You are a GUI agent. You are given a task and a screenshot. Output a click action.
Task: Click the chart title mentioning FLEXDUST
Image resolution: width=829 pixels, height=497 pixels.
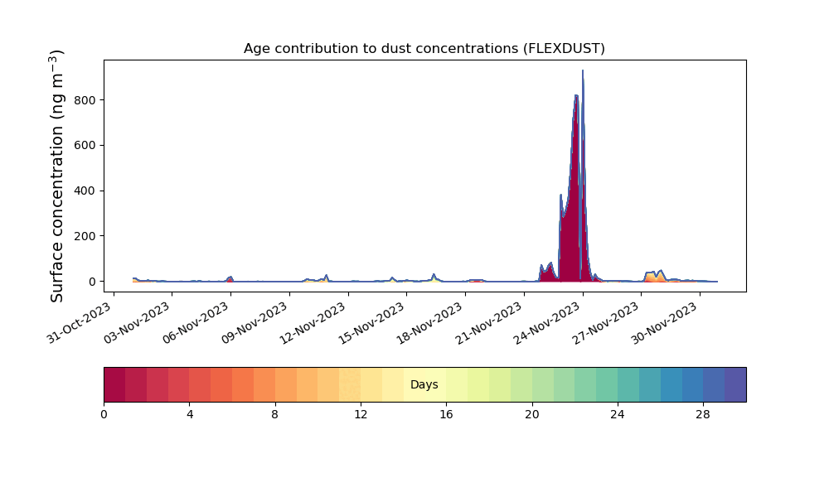click(424, 49)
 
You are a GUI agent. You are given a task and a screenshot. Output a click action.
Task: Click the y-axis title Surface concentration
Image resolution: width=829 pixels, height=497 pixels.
click(57, 176)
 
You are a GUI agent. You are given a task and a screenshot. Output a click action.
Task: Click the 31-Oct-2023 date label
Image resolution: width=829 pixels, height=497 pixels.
click(80, 322)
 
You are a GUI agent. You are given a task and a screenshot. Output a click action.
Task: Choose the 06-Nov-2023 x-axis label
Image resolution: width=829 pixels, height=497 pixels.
click(196, 322)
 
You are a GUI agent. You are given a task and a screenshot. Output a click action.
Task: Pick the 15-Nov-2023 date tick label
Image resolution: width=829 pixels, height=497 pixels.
click(373, 322)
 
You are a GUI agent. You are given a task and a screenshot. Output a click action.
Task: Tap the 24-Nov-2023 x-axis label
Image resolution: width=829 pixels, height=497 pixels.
click(549, 322)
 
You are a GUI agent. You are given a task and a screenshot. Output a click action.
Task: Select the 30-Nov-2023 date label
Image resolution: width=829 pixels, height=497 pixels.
click(666, 322)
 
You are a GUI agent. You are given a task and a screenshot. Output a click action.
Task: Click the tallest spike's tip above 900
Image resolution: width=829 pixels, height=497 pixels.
click(583, 70)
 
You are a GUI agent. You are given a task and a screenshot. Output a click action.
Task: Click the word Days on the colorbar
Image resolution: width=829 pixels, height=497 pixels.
click(424, 384)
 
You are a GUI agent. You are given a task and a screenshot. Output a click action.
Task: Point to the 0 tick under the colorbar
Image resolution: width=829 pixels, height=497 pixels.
click(104, 415)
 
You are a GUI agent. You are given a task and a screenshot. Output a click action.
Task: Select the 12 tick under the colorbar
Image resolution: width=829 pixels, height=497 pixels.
click(361, 415)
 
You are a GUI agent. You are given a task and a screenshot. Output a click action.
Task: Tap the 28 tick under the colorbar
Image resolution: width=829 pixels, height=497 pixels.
click(703, 415)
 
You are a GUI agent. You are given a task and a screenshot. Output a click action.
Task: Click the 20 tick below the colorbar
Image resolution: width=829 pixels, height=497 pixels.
click(532, 415)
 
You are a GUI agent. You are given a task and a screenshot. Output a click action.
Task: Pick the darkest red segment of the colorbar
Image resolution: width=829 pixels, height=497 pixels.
click(114, 384)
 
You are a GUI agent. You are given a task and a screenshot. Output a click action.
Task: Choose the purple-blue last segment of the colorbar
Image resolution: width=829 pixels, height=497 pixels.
click(735, 384)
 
